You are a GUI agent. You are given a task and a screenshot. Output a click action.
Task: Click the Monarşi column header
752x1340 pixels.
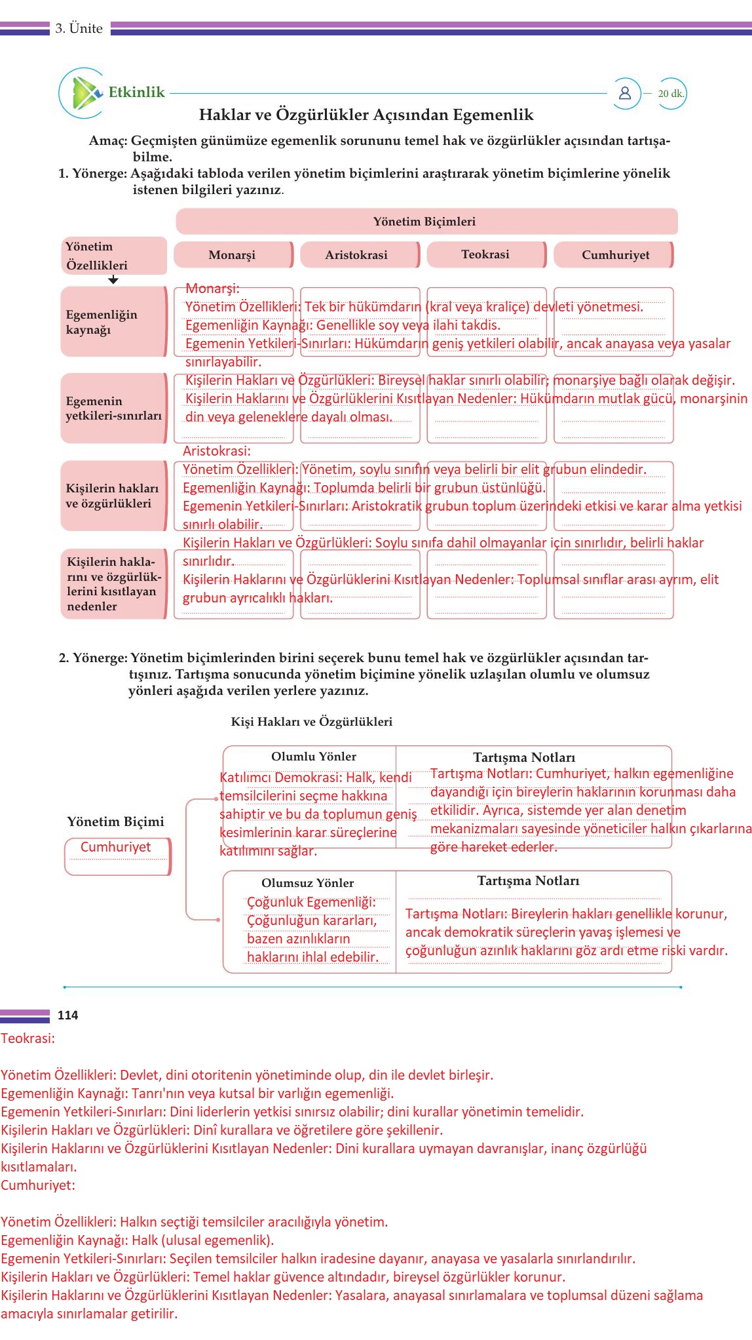(233, 255)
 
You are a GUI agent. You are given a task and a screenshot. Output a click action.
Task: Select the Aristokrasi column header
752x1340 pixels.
(357, 255)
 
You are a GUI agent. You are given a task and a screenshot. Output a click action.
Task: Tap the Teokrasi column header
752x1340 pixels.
(485, 254)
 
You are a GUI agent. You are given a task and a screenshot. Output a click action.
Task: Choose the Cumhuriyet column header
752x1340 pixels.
(614, 255)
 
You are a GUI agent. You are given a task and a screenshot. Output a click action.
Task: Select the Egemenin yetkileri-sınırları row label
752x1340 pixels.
(113, 408)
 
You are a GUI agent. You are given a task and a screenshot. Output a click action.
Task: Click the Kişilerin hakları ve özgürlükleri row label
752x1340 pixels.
(112, 496)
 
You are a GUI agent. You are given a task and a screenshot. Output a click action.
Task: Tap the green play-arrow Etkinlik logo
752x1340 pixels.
(85, 92)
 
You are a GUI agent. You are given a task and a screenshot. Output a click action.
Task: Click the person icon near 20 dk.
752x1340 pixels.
(625, 93)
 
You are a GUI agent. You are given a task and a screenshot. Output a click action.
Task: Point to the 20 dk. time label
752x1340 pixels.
(671, 94)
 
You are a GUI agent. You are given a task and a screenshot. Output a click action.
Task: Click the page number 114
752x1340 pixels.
(67, 1015)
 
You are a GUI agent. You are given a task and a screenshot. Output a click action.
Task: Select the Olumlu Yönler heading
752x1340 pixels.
(314, 757)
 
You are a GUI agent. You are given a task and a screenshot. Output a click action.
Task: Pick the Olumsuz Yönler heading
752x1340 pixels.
(307, 883)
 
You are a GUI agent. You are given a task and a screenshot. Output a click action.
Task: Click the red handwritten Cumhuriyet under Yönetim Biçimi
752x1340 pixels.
(115, 847)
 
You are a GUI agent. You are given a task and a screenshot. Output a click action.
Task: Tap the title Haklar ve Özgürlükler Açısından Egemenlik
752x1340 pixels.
(366, 115)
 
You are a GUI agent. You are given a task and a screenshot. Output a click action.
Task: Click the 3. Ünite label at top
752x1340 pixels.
(79, 28)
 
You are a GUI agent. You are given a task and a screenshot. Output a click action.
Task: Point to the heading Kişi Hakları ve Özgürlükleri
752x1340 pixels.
(312, 722)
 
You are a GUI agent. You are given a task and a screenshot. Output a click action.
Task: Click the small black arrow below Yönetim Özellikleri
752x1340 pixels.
(113, 280)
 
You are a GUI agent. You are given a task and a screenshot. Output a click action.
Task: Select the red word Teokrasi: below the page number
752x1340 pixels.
(28, 1038)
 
